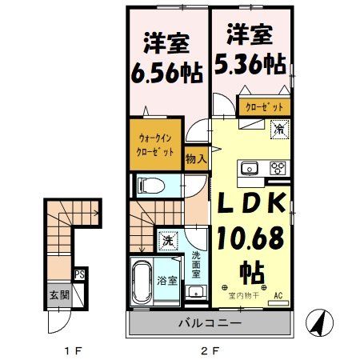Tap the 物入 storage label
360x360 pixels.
(x=196, y=159)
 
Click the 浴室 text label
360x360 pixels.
(x=166, y=282)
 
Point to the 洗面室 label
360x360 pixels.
(x=197, y=266)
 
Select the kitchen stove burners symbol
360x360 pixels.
(x=278, y=168)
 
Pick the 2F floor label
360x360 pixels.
(x=210, y=350)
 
